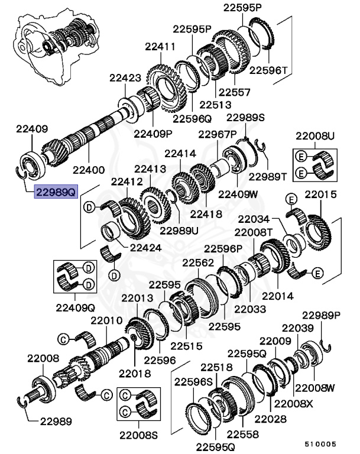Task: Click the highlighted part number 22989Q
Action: pyautogui.click(x=56, y=192)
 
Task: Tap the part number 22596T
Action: pyautogui.click(x=268, y=70)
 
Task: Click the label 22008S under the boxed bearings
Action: pyautogui.click(x=138, y=436)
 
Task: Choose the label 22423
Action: pyautogui.click(x=125, y=77)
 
